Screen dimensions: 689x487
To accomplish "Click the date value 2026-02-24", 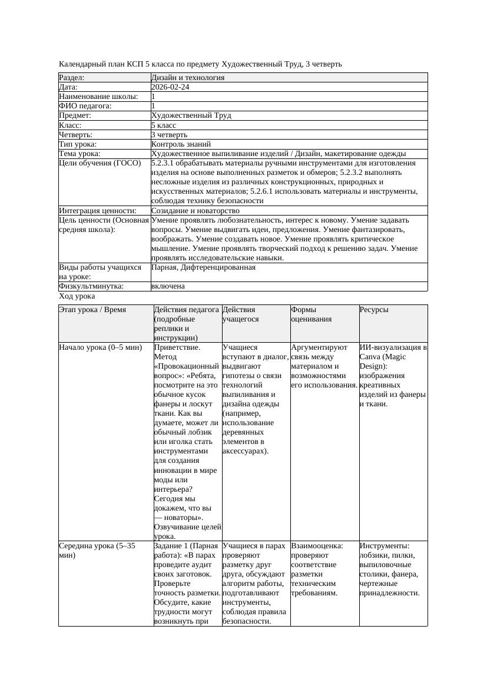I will pos(170,87).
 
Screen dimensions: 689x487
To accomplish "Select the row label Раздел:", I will pos(72,78).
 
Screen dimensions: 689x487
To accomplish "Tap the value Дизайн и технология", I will pos(188,78).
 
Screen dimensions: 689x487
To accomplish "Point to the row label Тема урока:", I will pos(79,154).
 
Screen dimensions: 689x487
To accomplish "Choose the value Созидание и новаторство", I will pos(195,211).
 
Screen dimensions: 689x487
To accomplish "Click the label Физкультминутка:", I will pos(91,286).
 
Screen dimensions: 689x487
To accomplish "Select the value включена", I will pos(168,286).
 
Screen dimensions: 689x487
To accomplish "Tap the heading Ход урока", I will pos(77,297).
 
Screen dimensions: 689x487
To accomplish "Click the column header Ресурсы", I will pos(374,310).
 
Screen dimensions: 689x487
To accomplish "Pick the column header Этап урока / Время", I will pos(92,310).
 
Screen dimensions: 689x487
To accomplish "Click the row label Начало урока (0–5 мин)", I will pos(100,347).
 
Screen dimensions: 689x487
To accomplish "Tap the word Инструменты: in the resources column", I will pos(384,546).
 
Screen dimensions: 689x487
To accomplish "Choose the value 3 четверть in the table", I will pos(169,135).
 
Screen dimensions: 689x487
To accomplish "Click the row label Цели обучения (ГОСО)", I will pos(100,163).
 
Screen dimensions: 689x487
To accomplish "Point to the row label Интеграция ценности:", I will pos(97,211).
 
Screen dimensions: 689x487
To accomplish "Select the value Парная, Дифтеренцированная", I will pos(203,267).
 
